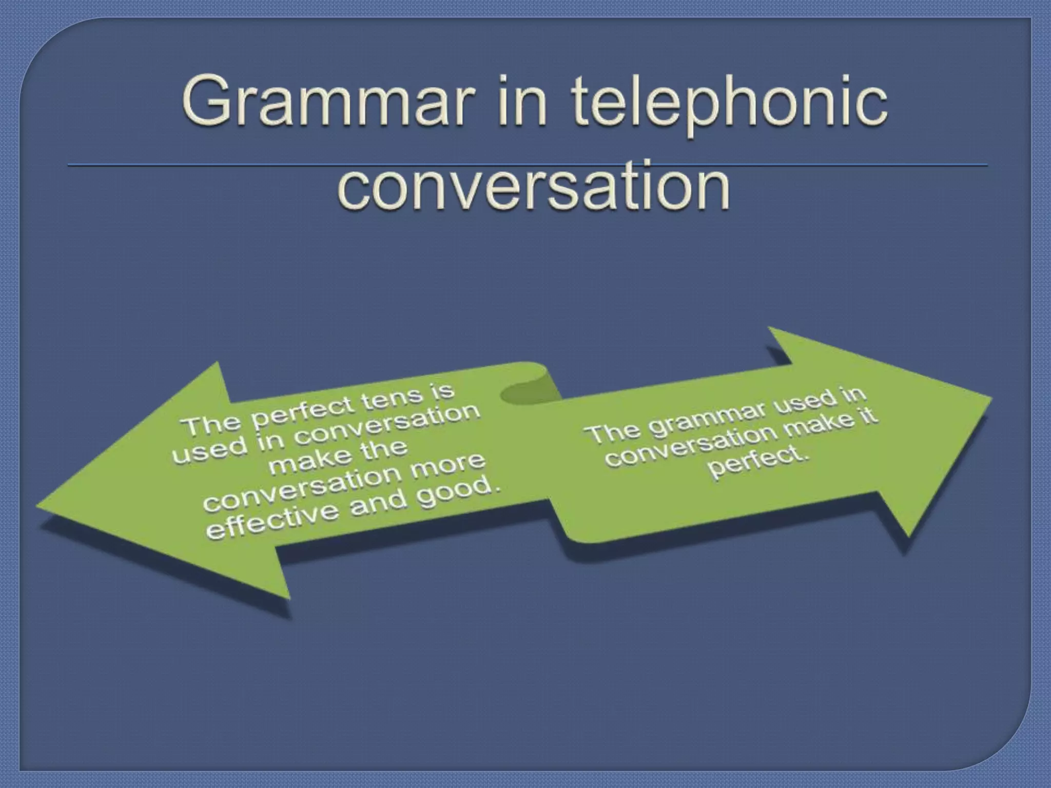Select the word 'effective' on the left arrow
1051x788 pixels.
(x=271, y=521)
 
